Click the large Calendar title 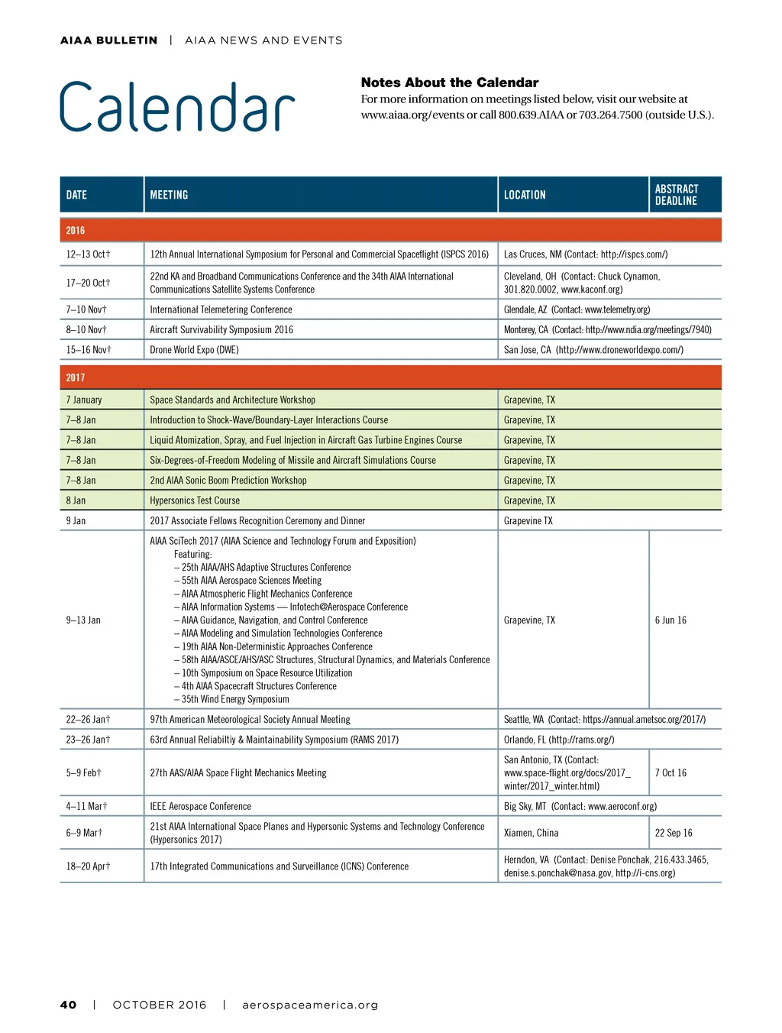177,108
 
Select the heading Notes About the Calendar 449,83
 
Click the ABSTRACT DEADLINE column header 676,195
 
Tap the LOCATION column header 525,195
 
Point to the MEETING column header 169,195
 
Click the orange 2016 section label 76,230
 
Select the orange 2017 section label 76,377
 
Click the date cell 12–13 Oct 88,254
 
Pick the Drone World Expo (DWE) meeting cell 194,350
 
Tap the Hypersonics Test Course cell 195,500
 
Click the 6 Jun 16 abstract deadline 671,620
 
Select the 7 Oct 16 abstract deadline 671,773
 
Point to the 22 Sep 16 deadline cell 674,833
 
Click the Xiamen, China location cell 531,833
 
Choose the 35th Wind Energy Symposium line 235,699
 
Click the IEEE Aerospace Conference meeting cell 200,806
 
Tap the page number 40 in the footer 68,1005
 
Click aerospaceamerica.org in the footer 310,1005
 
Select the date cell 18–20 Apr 88,866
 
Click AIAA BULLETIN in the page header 108,40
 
